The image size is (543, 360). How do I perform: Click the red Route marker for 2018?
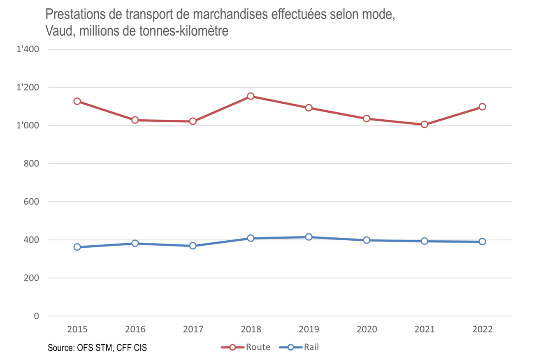tap(251, 96)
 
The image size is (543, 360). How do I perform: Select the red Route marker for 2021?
tap(424, 124)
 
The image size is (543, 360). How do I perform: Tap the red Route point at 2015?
tap(77, 101)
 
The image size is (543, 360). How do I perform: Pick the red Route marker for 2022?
tap(482, 107)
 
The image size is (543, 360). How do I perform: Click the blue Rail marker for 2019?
tap(309, 237)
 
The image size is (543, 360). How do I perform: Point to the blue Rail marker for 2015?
tap(77, 247)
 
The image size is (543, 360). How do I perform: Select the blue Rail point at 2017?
tap(193, 246)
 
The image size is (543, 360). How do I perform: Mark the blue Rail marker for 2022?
tap(482, 242)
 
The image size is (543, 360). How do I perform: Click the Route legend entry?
tap(246, 347)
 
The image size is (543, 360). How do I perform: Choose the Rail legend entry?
tap(299, 347)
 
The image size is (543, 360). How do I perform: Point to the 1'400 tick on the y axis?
tap(28, 50)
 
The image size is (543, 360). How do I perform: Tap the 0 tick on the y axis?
tap(37, 316)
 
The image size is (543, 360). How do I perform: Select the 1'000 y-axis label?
tap(28, 126)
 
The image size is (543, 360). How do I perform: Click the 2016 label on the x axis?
tap(135, 330)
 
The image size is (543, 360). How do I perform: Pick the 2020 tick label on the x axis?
tap(366, 330)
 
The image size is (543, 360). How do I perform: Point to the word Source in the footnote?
tap(60, 348)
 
